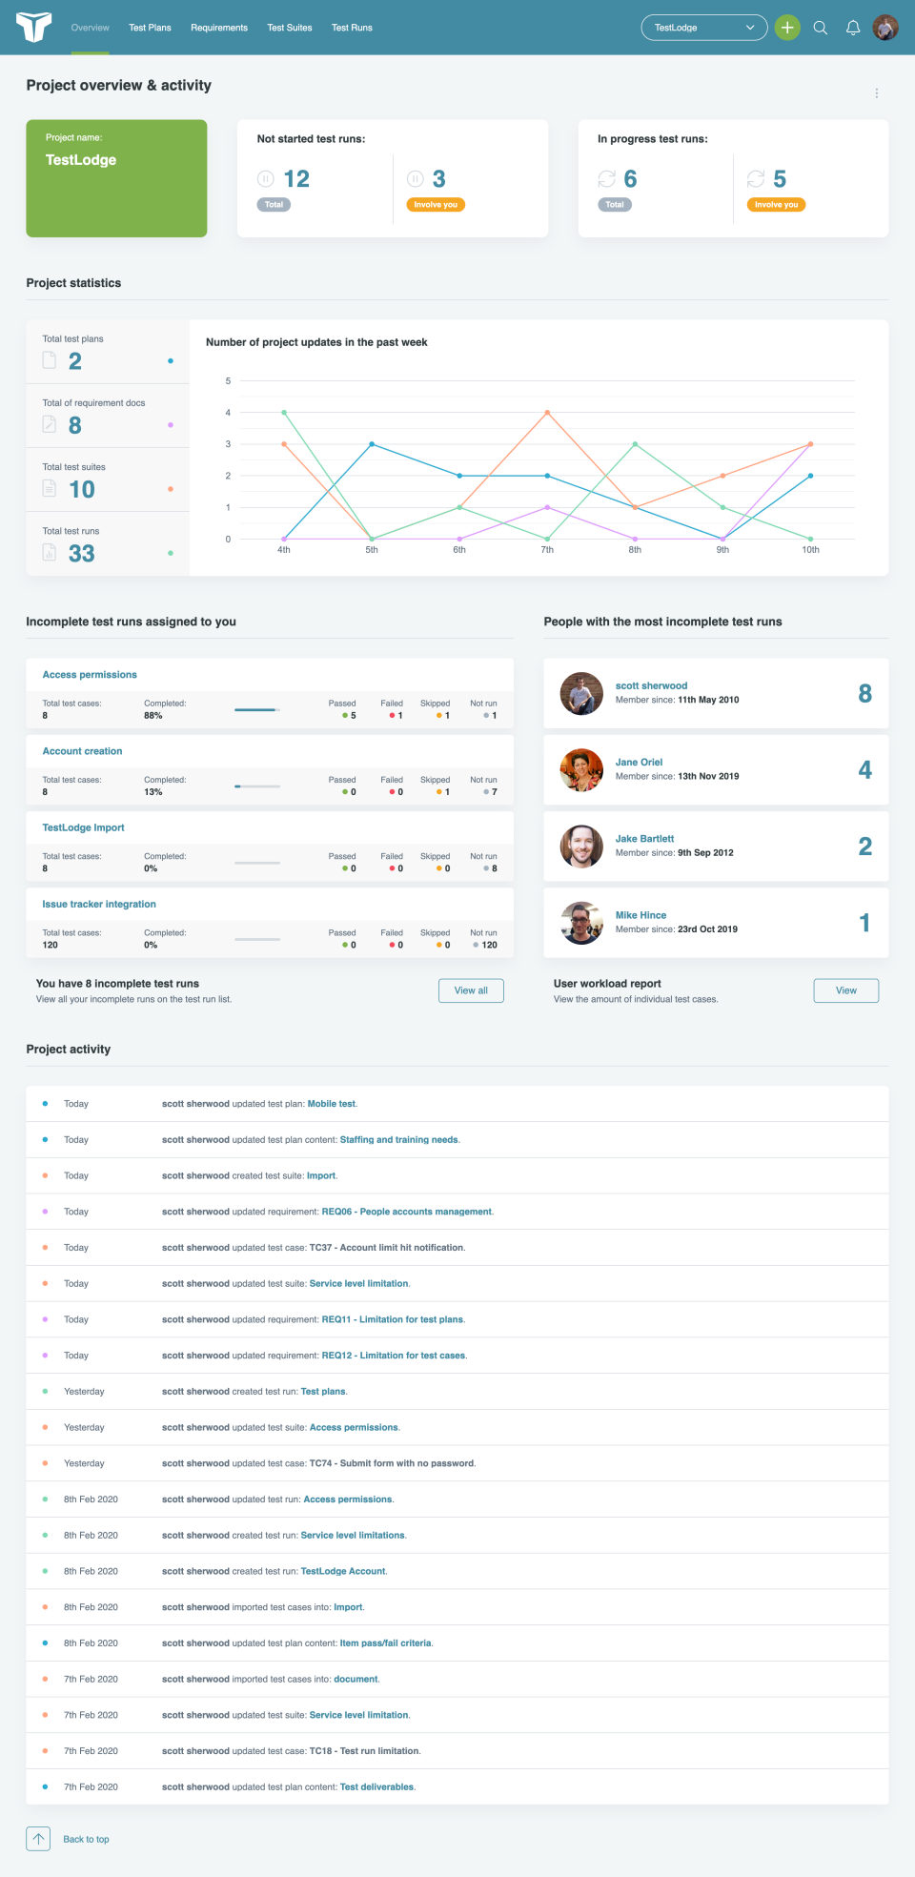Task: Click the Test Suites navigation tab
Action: click(x=290, y=28)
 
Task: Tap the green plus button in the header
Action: click(x=787, y=28)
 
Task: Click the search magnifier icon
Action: click(x=821, y=28)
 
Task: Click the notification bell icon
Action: click(x=853, y=28)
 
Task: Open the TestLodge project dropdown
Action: click(x=704, y=28)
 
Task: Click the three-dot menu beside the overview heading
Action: click(x=877, y=93)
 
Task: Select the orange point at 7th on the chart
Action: click(x=547, y=413)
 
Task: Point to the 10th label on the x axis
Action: click(x=810, y=550)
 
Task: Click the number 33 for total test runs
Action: click(x=82, y=554)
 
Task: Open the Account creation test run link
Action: click(x=83, y=751)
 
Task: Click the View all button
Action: click(x=471, y=990)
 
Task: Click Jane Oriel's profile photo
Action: click(x=581, y=770)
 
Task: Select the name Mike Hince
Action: click(x=640, y=915)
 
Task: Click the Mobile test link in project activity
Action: click(x=332, y=1104)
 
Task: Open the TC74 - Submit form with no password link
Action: click(x=392, y=1463)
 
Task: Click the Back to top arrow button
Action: click(x=38, y=1839)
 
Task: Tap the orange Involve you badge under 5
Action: click(x=776, y=205)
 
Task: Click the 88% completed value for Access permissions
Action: click(x=153, y=716)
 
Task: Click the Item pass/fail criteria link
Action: click(x=385, y=1643)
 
